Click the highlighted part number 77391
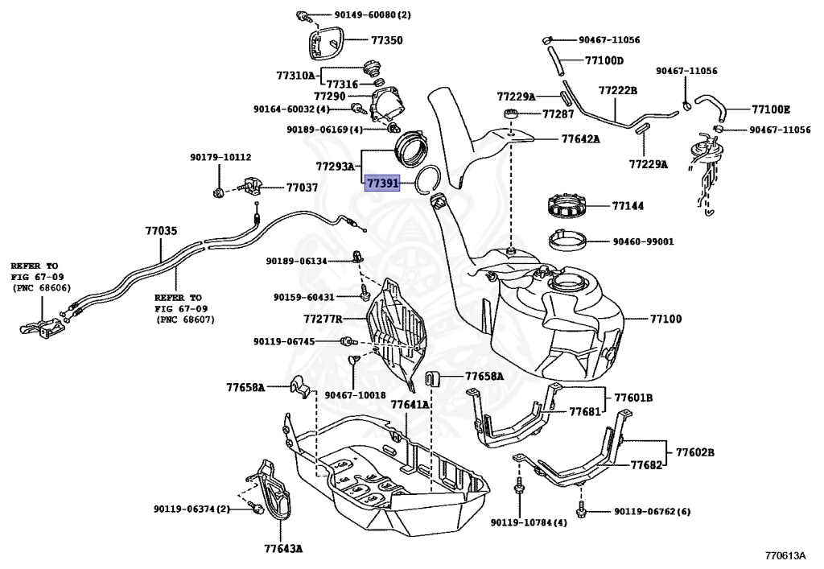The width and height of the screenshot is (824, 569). [x=382, y=183]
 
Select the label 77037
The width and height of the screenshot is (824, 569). [x=302, y=188]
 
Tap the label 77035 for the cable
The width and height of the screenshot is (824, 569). [x=160, y=231]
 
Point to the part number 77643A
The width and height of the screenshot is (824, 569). [x=283, y=549]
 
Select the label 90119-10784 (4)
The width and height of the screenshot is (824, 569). [x=529, y=522]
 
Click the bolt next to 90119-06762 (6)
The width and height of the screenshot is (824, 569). [x=580, y=510]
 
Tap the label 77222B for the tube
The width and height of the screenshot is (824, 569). [x=617, y=91]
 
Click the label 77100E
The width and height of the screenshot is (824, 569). [x=771, y=109]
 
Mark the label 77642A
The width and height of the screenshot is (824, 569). [x=580, y=138]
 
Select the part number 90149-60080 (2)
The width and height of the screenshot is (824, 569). [x=360, y=14]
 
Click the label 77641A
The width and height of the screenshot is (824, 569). [x=410, y=405]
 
